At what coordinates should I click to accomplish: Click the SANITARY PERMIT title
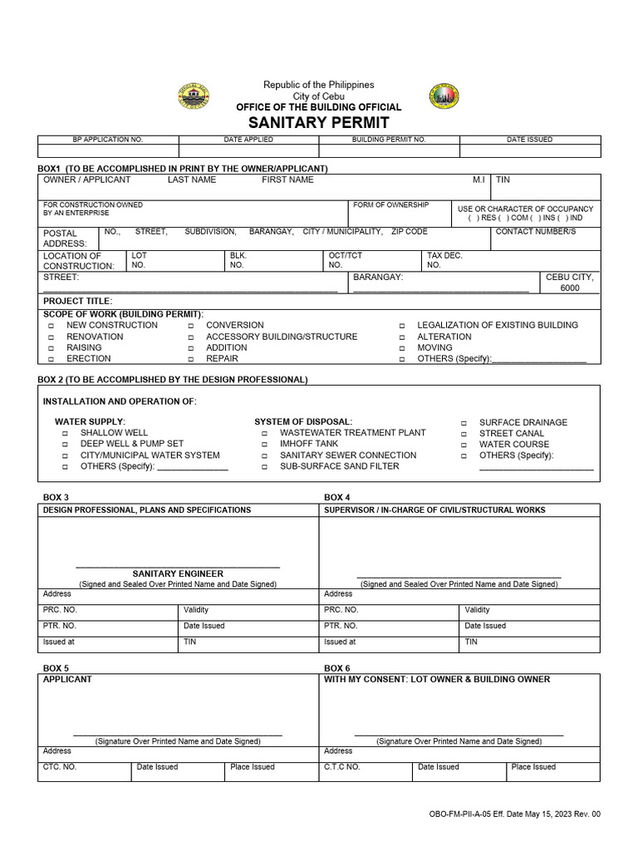[318, 122]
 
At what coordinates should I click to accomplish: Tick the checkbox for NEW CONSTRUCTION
[51, 326]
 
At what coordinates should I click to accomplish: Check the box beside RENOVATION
[51, 337]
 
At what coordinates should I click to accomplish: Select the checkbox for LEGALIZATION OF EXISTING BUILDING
[401, 326]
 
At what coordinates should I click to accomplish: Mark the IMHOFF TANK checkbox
[264, 445]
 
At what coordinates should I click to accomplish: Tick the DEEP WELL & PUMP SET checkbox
[65, 445]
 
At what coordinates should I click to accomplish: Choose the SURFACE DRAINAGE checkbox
[464, 423]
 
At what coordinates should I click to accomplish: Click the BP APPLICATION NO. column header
[108, 140]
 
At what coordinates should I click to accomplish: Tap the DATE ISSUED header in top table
[529, 140]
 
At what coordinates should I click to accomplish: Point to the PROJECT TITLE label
[77, 301]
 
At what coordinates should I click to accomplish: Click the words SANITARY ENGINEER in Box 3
[178, 573]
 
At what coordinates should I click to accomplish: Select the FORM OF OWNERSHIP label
[390, 205]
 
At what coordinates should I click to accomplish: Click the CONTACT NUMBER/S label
[535, 232]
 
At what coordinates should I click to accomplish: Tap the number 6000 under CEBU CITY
[570, 288]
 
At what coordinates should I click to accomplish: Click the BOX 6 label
[336, 668]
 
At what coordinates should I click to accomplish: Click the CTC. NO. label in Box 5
[60, 767]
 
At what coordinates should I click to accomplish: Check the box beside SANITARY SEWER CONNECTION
[264, 455]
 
